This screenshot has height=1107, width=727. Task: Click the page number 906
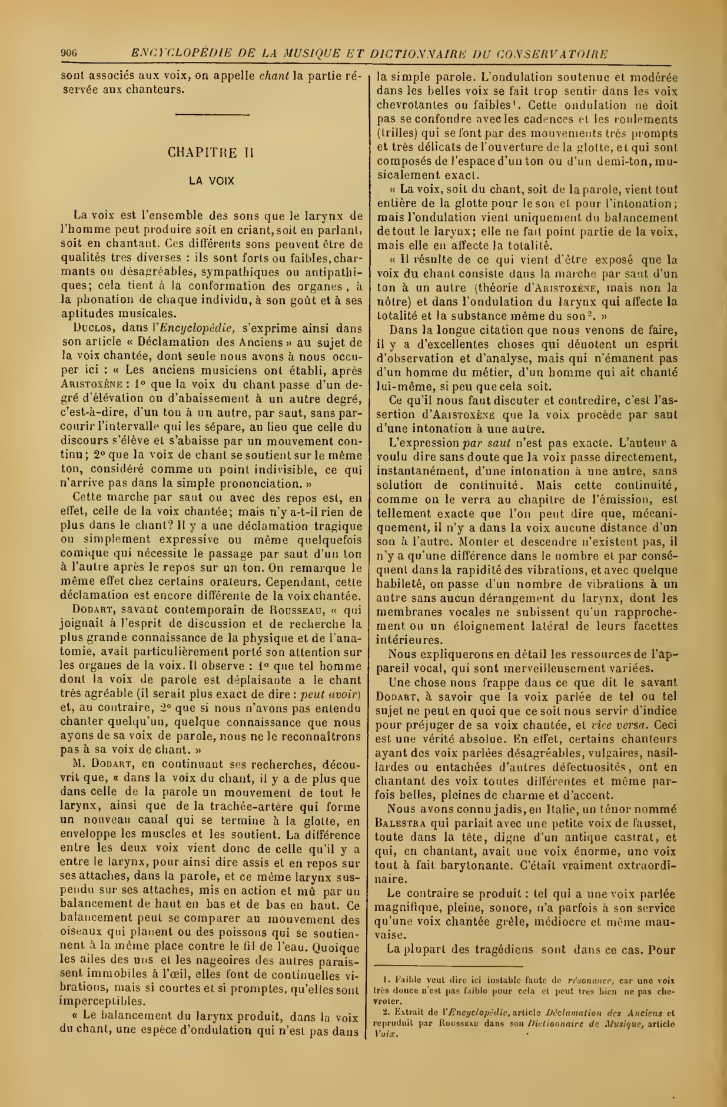point(69,54)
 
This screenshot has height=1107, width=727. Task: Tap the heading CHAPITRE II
point(211,153)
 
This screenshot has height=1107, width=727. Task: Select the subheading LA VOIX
point(211,181)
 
